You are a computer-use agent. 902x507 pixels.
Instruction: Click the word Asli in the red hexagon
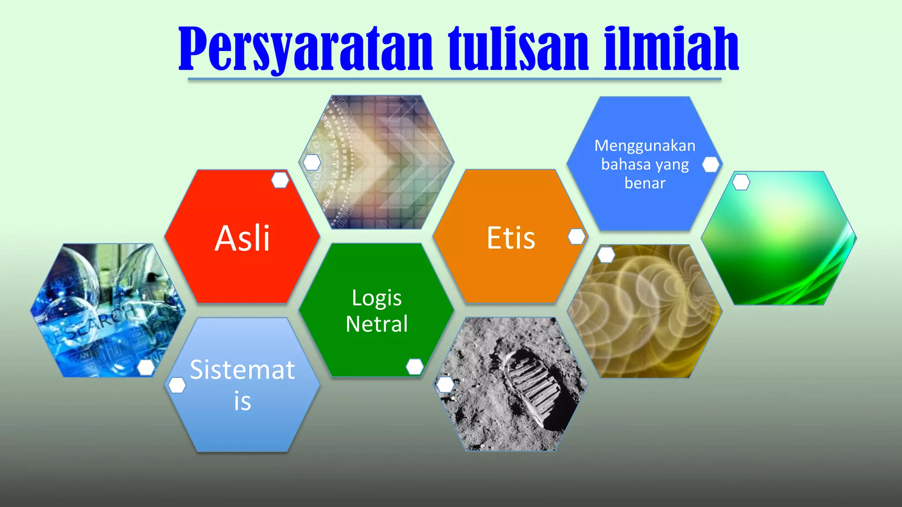(242, 239)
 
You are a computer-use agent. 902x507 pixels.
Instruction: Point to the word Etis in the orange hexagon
(511, 239)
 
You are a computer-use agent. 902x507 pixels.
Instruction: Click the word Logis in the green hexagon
(377, 298)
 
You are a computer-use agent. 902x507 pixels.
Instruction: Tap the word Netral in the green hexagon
(377, 324)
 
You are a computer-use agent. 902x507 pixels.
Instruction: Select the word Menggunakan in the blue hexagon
(645, 146)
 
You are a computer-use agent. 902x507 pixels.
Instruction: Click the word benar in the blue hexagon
(645, 183)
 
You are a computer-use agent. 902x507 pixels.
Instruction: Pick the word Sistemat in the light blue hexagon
(242, 370)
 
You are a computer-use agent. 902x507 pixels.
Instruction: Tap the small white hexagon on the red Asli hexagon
(280, 180)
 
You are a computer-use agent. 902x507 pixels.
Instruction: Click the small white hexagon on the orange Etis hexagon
(577, 236)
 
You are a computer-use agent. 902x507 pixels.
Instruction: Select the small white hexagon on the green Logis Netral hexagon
(414, 367)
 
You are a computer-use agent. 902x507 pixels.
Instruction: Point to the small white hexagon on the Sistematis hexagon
(177, 385)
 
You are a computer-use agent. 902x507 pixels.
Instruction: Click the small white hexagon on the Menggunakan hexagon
(710, 165)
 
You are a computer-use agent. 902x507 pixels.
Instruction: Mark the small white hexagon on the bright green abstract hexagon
(741, 182)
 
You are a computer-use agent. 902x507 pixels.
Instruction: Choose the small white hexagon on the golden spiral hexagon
(606, 254)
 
